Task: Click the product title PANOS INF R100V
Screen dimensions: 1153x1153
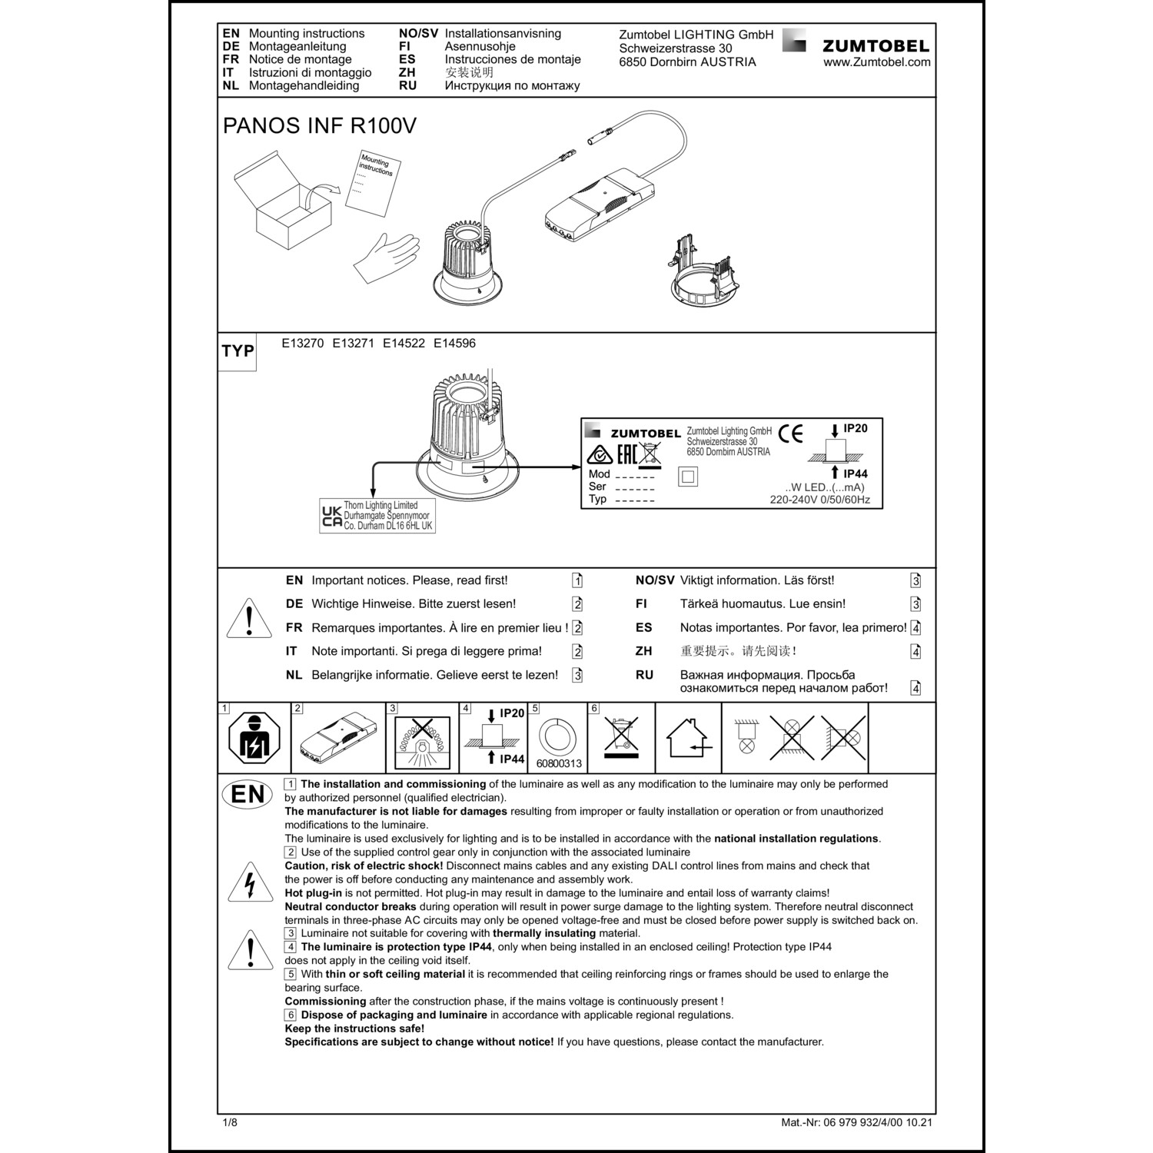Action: coord(319,125)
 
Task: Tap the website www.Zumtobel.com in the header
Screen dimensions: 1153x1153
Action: coord(876,62)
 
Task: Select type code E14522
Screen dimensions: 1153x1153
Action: coord(404,344)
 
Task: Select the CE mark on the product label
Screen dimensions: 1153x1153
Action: coord(790,434)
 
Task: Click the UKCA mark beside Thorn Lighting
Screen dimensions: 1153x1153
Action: coord(331,517)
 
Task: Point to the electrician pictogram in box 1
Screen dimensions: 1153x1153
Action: coord(254,739)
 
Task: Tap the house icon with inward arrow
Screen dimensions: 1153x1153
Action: coord(689,739)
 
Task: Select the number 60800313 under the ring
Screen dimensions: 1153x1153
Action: coord(559,764)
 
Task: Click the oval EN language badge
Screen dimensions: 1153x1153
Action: coord(248,794)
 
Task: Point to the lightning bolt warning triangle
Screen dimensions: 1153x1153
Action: coord(250,885)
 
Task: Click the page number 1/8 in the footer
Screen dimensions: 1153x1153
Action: coord(230,1122)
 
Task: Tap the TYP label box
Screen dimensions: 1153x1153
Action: coord(238,351)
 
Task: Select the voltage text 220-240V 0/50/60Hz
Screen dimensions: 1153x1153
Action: coord(819,500)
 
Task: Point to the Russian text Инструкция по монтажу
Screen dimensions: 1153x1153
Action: coord(512,85)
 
